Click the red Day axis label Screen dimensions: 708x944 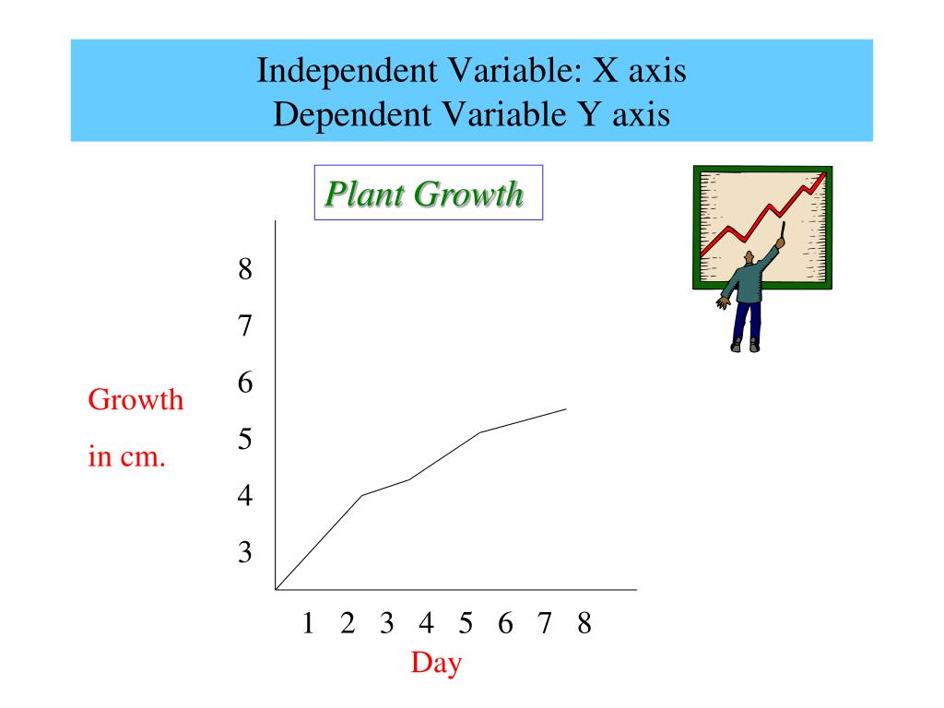(436, 662)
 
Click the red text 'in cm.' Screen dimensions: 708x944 (126, 457)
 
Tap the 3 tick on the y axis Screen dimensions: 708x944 (244, 552)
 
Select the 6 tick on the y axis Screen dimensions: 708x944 (244, 383)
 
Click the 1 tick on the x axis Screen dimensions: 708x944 (309, 624)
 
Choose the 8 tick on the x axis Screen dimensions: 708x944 (584, 624)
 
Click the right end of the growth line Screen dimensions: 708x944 (565, 408)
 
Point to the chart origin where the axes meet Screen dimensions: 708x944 (276, 589)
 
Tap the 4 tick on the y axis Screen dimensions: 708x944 (244, 496)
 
